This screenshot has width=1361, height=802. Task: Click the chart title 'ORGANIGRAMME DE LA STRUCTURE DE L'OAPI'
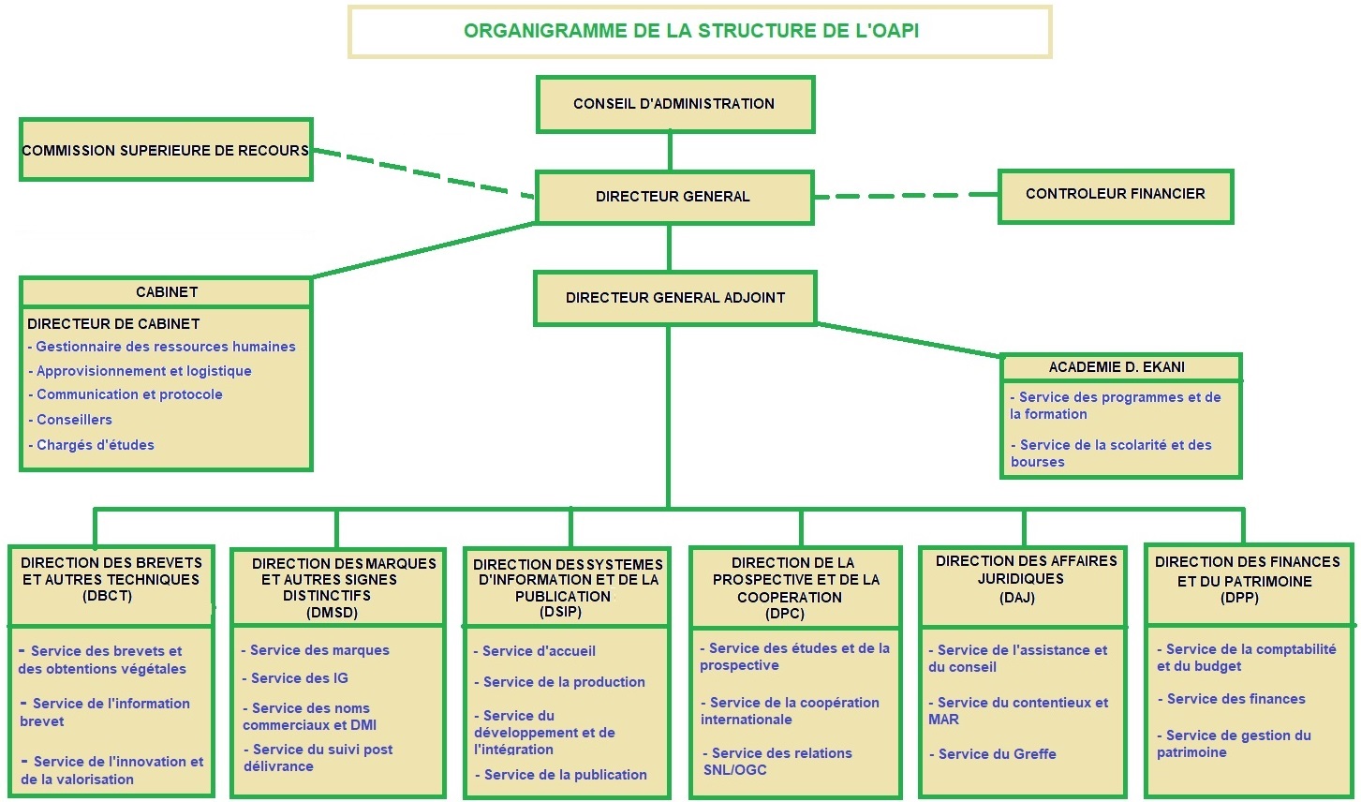pyautogui.click(x=691, y=30)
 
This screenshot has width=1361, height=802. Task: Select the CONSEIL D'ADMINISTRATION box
pyautogui.click(x=675, y=104)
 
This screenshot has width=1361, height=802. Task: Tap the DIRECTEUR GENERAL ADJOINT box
pyautogui.click(x=675, y=298)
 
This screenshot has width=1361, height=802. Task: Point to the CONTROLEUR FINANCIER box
pyautogui.click(x=1116, y=196)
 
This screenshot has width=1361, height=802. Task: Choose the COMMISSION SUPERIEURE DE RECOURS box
pyautogui.click(x=166, y=150)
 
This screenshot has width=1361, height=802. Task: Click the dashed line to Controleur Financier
pyautogui.click(x=906, y=196)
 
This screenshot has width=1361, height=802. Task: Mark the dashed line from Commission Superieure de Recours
pyautogui.click(x=424, y=173)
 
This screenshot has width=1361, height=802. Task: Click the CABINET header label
pyautogui.click(x=167, y=292)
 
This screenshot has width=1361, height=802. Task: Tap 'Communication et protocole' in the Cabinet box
pyautogui.click(x=126, y=394)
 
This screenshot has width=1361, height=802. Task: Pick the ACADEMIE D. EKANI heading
pyautogui.click(x=1117, y=367)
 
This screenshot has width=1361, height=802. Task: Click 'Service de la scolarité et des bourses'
pyautogui.click(x=1111, y=453)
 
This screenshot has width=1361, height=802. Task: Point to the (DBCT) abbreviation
pyautogui.click(x=108, y=596)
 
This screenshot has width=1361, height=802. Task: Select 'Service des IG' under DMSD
pyautogui.click(x=295, y=678)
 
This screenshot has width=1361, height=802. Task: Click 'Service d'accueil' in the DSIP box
pyautogui.click(x=535, y=651)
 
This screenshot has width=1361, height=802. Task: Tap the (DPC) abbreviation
pyautogui.click(x=785, y=614)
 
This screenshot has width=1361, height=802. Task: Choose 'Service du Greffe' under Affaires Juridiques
pyautogui.click(x=993, y=754)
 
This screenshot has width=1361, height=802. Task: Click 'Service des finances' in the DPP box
pyautogui.click(x=1232, y=699)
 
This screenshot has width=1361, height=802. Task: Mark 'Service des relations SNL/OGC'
pyautogui.click(x=777, y=762)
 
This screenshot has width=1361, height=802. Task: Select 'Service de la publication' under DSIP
pyautogui.click(x=561, y=775)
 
